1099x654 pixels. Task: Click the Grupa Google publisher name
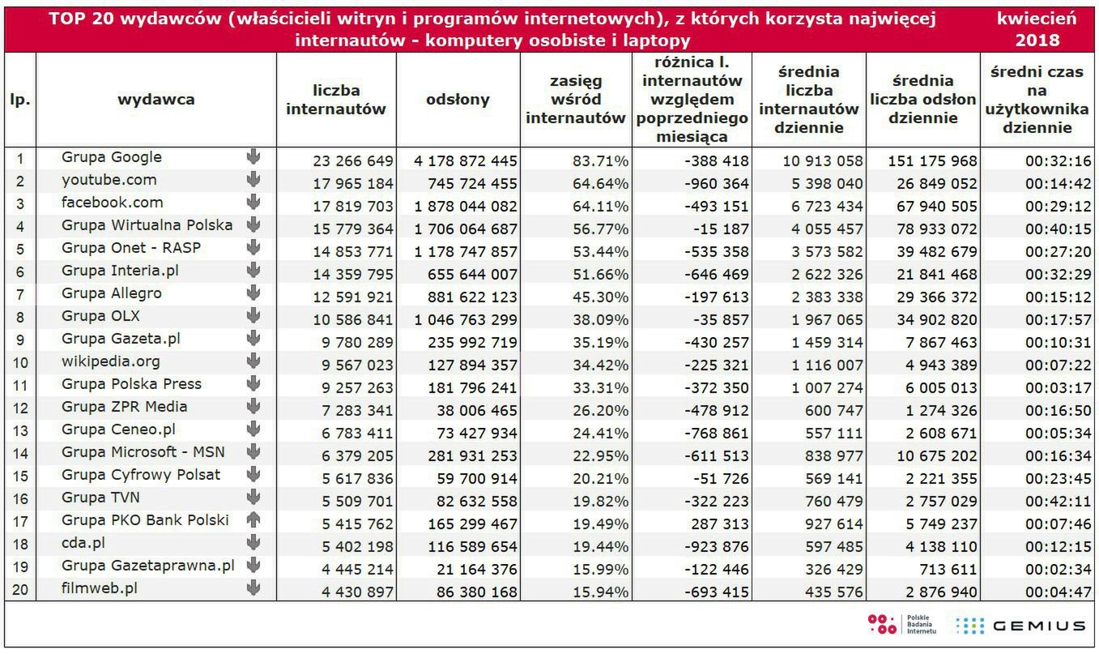pos(112,157)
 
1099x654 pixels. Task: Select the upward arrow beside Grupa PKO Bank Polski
pos(253,520)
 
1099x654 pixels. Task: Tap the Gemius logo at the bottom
pos(1021,626)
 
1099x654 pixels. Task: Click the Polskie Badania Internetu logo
pos(890,625)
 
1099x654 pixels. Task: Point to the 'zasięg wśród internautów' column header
pos(576,100)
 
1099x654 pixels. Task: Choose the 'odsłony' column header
pos(458,100)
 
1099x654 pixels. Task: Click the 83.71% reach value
pos(598,161)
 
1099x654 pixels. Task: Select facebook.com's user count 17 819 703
pos(353,207)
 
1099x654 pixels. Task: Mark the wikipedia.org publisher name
pos(111,361)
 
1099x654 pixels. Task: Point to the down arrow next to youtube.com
pos(253,180)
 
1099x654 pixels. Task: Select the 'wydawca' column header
pos(156,100)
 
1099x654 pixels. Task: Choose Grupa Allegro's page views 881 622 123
pos(466,297)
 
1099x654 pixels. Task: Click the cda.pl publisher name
pos(83,543)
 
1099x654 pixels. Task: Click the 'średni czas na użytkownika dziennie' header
pos(1037,100)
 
